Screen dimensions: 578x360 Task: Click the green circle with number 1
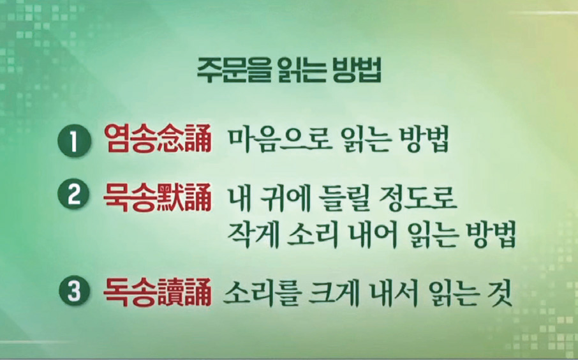click(74, 141)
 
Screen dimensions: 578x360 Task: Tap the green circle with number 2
click(74, 195)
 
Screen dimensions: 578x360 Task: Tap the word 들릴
click(345, 199)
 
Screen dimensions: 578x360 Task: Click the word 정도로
click(418, 199)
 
